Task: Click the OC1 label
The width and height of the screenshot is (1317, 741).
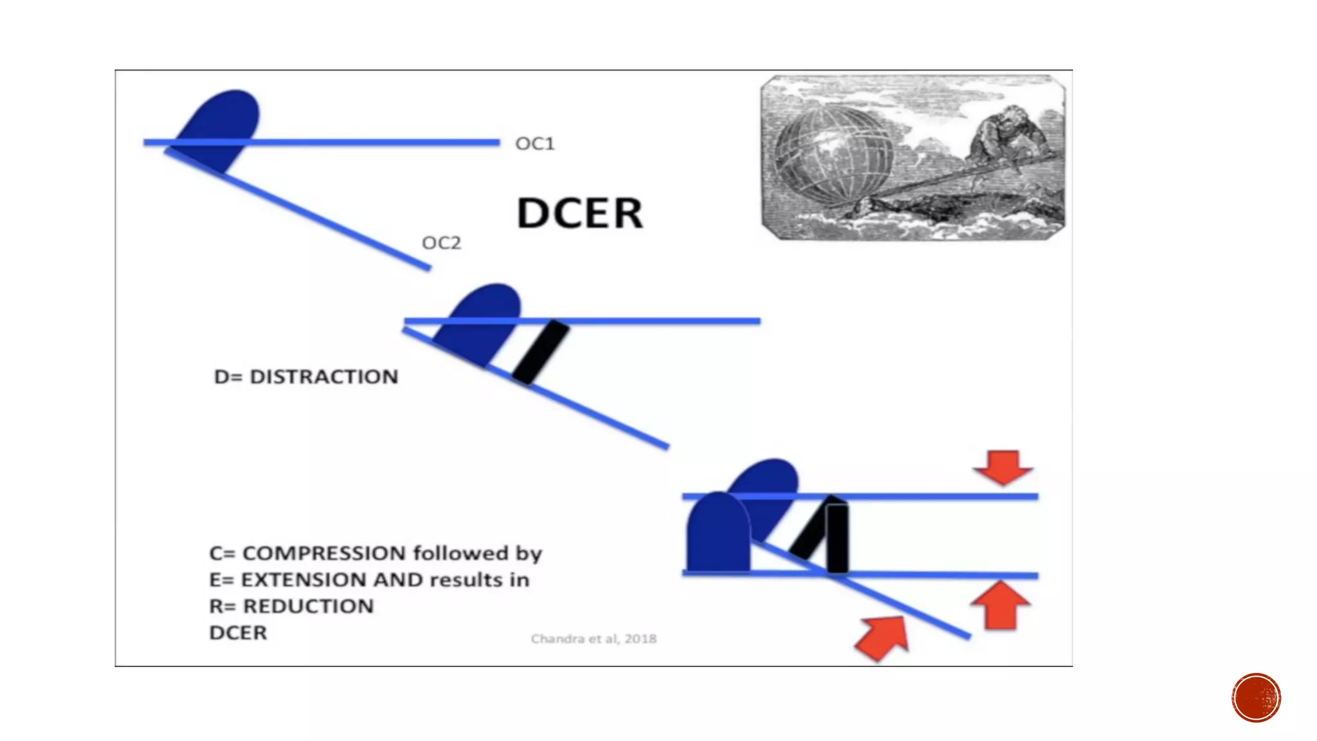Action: pos(534,143)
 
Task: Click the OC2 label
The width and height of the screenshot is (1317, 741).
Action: pos(441,243)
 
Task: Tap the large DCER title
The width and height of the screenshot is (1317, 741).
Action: pos(579,213)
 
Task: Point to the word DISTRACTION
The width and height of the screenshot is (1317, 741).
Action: pos(323,377)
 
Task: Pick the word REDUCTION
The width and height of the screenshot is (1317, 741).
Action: pos(308,607)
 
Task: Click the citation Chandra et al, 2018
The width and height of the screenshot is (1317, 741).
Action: pos(593,639)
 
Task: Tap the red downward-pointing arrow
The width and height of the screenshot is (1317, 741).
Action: pos(1003,467)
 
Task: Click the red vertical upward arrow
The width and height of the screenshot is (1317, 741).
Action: pos(1001,605)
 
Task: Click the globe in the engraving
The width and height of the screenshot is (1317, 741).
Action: pos(833,154)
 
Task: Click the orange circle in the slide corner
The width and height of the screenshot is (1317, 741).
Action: pos(1256,698)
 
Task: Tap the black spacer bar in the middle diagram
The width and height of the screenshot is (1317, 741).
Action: pos(541,352)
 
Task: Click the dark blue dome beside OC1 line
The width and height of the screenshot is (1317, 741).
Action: pos(222,125)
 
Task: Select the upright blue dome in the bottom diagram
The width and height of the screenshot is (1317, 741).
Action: pos(718,534)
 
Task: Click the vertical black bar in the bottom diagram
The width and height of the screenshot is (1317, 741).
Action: pos(837,539)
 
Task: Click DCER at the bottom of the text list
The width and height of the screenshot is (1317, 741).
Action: pos(238,633)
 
